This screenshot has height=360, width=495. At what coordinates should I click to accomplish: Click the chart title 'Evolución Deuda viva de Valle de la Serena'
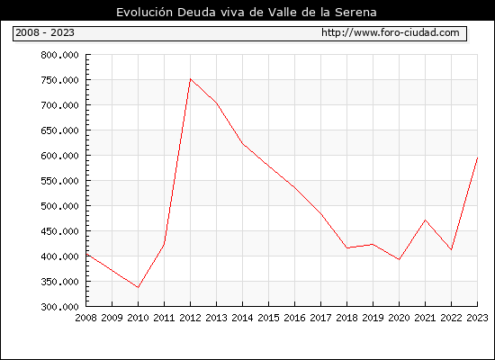coord(247,13)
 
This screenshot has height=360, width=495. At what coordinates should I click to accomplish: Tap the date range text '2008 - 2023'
coord(45,32)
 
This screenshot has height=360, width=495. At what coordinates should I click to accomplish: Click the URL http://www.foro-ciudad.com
coord(391,32)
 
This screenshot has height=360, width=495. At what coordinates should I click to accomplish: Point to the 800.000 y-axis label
coord(59,55)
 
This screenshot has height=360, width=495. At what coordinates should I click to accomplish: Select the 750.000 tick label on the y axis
coord(59,80)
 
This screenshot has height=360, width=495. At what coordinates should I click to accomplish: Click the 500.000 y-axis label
coord(59,206)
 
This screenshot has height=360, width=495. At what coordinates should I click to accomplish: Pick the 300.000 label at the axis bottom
coord(59,307)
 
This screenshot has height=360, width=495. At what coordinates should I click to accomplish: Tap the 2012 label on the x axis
coord(190,318)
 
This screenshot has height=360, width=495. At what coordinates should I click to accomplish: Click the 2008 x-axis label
coord(85,318)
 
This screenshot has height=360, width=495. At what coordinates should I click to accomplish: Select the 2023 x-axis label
coord(477,318)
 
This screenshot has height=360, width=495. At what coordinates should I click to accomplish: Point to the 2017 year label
coord(320,318)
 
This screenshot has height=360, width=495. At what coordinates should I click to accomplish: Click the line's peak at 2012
coord(190,78)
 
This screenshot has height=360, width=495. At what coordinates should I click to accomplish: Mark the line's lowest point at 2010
coord(138,287)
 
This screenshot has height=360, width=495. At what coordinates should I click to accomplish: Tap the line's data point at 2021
coord(425,220)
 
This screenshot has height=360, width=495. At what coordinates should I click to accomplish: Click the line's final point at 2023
coord(477,157)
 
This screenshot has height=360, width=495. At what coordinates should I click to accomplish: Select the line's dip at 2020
coord(399,259)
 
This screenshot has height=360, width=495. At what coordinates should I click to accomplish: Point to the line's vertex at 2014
coord(242,144)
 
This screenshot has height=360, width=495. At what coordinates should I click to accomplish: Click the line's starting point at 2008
coord(86,254)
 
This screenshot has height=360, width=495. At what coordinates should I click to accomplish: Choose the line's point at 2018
coord(346,247)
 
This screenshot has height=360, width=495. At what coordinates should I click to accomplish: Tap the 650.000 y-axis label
coord(59,130)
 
